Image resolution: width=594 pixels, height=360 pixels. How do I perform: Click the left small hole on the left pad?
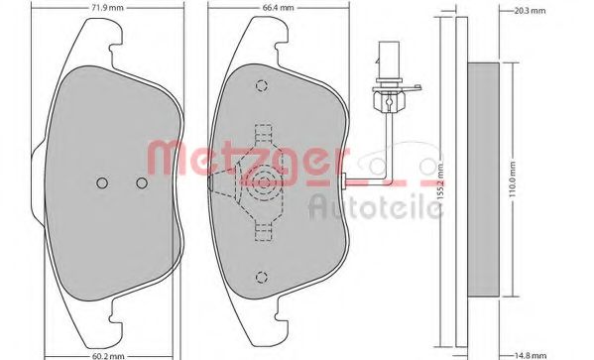pos(102,182)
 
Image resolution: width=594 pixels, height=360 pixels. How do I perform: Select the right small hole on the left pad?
pos(142,182)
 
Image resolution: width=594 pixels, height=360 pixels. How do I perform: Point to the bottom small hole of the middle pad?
pos(261,277)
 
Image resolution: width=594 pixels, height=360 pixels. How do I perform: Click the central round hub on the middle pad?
pos(262,181)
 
